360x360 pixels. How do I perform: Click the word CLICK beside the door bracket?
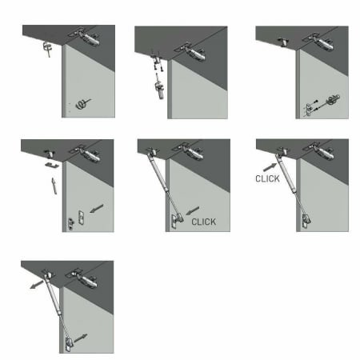[204, 222]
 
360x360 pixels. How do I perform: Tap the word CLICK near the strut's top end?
[267, 178]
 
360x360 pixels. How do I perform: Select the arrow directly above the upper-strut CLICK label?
[270, 167]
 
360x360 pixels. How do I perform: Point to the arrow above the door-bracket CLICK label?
[193, 210]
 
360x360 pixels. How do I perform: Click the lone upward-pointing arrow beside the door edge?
[54, 186]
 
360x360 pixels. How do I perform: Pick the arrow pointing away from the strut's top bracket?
[37, 284]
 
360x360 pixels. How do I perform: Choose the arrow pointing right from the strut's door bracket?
[81, 338]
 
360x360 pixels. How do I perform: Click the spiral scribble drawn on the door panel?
[82, 104]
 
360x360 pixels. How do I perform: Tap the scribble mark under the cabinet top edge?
[47, 49]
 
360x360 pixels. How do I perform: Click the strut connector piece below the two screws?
[159, 90]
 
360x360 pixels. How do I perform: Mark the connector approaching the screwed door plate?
[333, 99]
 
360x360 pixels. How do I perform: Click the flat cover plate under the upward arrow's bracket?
[52, 165]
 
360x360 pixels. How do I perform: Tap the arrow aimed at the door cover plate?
[97, 208]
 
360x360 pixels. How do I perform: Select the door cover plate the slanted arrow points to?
[82, 218]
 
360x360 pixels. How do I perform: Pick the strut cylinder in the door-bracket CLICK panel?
[158, 171]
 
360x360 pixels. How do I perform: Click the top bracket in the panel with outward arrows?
[47, 274]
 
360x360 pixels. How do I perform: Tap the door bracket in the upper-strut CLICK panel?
[306, 221]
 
